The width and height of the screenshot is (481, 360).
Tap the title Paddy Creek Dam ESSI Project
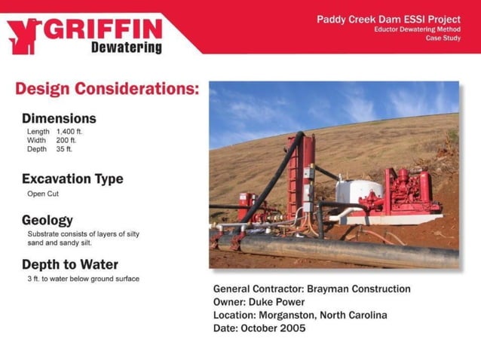[388, 19]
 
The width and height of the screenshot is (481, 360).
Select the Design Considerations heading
[107, 89]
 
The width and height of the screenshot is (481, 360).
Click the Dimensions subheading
[59, 118]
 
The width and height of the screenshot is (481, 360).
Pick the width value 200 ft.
[66, 140]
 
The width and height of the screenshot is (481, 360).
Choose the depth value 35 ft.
[65, 149]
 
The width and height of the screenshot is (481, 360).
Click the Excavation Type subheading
[72, 179]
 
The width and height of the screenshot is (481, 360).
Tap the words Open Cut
[43, 194]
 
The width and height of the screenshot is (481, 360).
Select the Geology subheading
[47, 220]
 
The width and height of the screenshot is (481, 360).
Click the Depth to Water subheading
[69, 264]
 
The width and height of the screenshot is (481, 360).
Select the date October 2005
[275, 328]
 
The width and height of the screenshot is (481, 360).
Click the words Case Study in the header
[443, 38]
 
